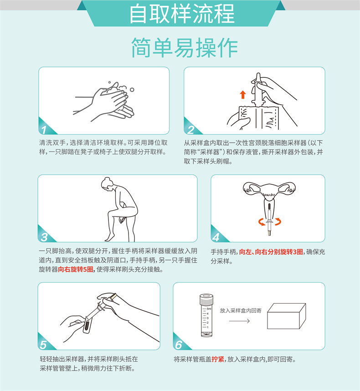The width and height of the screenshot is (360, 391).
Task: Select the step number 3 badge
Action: tap(44, 236)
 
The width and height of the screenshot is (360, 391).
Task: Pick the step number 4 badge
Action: tap(216, 236)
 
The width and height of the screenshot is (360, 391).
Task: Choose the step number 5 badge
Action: tap(44, 344)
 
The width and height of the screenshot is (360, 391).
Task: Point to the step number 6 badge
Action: tap(179, 344)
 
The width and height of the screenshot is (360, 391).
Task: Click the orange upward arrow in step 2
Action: tap(242, 95)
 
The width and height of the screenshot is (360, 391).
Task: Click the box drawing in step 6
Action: tap(285, 316)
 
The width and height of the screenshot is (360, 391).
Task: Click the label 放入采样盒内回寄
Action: tap(241, 310)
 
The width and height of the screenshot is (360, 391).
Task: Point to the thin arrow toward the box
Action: tap(239, 321)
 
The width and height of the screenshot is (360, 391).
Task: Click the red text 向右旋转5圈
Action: tap(76, 269)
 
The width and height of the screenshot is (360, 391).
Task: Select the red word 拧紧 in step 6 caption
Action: tap(218, 359)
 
